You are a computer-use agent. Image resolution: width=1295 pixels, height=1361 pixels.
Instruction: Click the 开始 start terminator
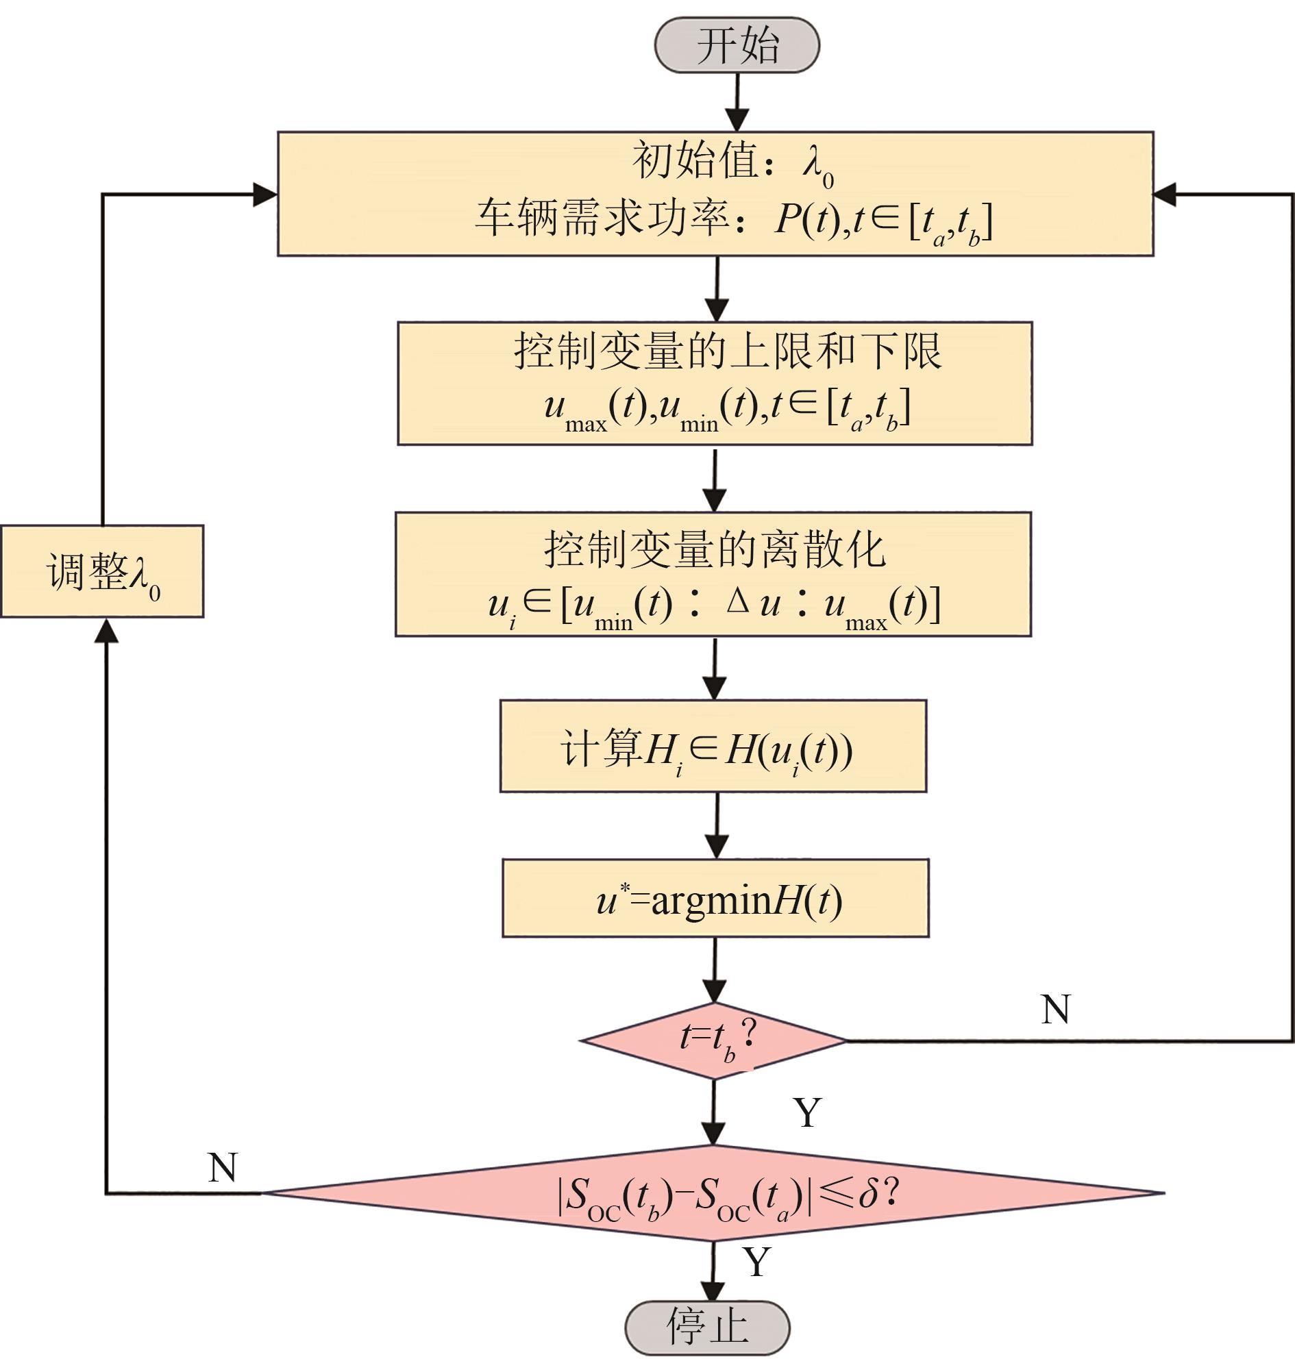pos(737,46)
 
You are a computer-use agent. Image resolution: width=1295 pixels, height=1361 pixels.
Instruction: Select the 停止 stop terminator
pos(708,1327)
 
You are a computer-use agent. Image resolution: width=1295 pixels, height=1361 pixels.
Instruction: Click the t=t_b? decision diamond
pos(714,1040)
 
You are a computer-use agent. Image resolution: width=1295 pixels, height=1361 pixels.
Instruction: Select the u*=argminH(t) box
pos(715,899)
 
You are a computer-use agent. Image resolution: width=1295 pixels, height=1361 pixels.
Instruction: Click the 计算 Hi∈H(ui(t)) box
pos(713,747)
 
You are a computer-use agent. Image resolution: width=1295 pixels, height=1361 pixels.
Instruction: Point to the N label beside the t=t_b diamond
pos(1054,1010)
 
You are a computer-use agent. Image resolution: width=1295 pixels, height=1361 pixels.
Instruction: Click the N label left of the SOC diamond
pos(222,1168)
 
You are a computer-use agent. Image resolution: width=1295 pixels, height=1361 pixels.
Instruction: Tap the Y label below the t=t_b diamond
pos(808,1112)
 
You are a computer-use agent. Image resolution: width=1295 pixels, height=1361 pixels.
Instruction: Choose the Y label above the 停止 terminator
pos(756,1262)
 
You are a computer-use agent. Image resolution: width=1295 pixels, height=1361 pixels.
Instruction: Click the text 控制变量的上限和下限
pos(728,352)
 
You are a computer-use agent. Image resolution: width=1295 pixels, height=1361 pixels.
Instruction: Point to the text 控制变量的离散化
pos(715,550)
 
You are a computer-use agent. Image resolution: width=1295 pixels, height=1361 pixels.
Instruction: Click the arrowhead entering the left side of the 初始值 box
pos(265,195)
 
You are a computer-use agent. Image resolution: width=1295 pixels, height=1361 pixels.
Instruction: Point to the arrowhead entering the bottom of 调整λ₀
pos(106,629)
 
